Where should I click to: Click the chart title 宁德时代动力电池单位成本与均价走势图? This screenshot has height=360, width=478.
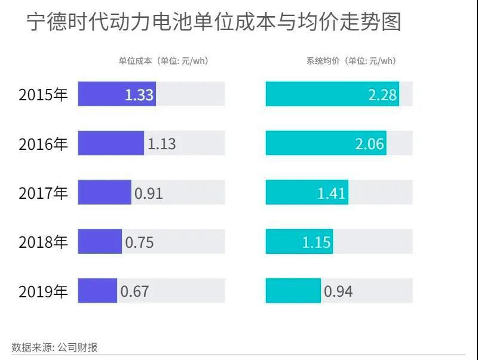(214, 22)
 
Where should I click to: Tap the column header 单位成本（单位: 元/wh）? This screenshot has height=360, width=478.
(163, 61)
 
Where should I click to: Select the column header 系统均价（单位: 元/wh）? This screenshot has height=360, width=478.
(351, 61)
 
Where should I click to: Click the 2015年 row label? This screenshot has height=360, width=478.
(44, 94)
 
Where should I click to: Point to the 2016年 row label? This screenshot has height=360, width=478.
(44, 143)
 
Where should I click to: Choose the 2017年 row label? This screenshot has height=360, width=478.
(44, 193)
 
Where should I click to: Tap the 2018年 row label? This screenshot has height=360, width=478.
(44, 242)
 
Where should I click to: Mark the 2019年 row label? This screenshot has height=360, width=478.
(44, 291)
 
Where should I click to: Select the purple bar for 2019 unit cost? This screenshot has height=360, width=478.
(97, 291)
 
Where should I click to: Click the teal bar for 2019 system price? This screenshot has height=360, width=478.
(293, 291)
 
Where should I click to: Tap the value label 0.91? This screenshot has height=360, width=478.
(148, 193)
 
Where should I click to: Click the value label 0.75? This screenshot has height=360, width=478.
(139, 242)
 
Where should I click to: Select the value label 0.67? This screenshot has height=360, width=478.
(134, 291)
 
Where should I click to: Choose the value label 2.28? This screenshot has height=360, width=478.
(382, 95)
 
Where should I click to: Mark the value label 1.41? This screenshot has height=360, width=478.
(332, 193)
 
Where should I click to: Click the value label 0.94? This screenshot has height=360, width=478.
(338, 291)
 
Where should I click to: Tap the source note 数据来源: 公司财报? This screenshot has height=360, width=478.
(54, 347)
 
